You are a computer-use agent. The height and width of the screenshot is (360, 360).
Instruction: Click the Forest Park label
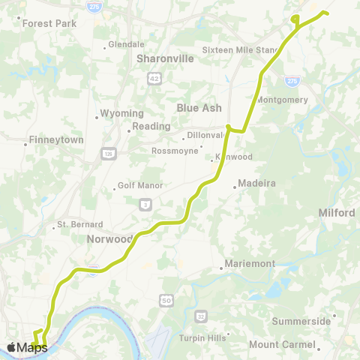[49, 23]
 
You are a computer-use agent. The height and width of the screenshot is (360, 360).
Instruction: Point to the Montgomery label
[283, 100]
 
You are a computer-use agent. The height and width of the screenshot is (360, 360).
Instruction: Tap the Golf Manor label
[141, 185]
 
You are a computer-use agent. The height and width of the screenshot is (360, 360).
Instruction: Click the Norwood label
[109, 239]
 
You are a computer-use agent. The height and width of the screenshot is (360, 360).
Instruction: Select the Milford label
[337, 213]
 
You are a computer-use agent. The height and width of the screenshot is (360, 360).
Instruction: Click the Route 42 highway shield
[154, 78]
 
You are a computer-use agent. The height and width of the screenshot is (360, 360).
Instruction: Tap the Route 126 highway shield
[108, 153]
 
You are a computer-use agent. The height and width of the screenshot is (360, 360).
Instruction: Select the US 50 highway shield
[165, 300]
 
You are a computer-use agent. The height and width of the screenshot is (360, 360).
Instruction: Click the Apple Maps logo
[27, 347]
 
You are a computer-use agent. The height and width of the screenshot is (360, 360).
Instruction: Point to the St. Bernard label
[78, 226]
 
